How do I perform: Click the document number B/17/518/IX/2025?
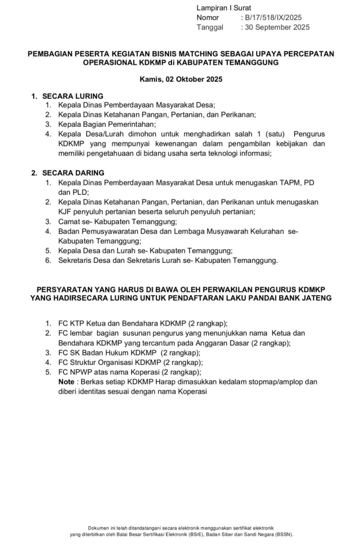pyautogui.click(x=273, y=18)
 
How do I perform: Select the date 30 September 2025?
pyautogui.click(x=277, y=27)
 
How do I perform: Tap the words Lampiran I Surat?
pyautogui.click(x=224, y=8)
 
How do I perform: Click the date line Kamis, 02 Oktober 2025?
pyautogui.click(x=181, y=79)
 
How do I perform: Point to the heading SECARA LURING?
pyautogui.click(x=72, y=96)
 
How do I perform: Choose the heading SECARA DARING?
pyautogui.click(x=73, y=173)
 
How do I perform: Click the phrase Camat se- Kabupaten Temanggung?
pyautogui.click(x=117, y=222)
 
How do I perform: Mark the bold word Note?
pyautogui.click(x=66, y=382)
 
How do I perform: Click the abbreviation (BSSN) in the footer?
pyautogui.click(x=284, y=534)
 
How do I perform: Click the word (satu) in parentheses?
pyautogui.click(x=275, y=134)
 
